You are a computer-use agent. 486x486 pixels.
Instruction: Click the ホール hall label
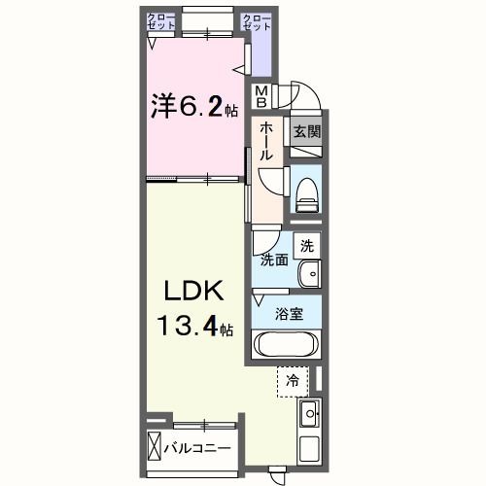[x=264, y=142]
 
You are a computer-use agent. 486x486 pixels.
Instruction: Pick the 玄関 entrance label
[x=306, y=130]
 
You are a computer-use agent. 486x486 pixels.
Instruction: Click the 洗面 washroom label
[x=273, y=260]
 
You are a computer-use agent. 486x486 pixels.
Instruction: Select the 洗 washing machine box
[x=306, y=248]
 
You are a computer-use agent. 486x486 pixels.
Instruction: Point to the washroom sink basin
[x=309, y=273]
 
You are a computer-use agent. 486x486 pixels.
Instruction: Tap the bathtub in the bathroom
[x=285, y=344]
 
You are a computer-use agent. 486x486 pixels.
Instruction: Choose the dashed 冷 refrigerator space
[x=292, y=381]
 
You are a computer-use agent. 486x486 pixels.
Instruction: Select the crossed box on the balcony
[x=155, y=448]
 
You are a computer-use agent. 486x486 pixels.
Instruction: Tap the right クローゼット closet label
[x=257, y=22]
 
